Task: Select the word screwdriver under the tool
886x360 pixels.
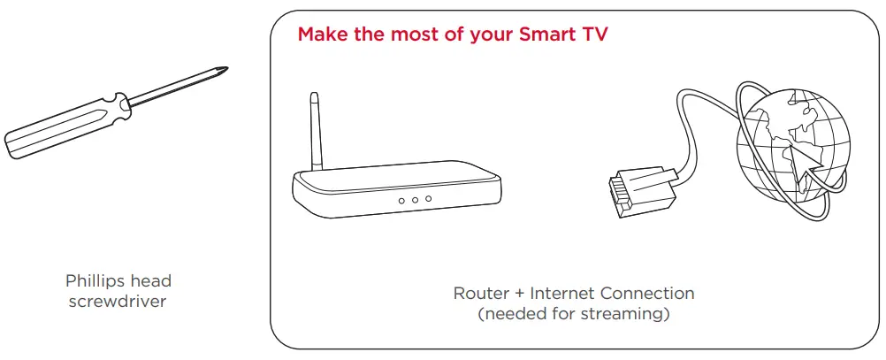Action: pyautogui.click(x=118, y=302)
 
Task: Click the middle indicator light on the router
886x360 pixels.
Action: pyautogui.click(x=415, y=201)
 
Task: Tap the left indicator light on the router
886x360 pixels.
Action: pyautogui.click(x=401, y=201)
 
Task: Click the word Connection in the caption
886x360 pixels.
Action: pyautogui.click(x=647, y=293)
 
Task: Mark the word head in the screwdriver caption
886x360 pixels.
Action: pyautogui.click(x=150, y=282)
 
